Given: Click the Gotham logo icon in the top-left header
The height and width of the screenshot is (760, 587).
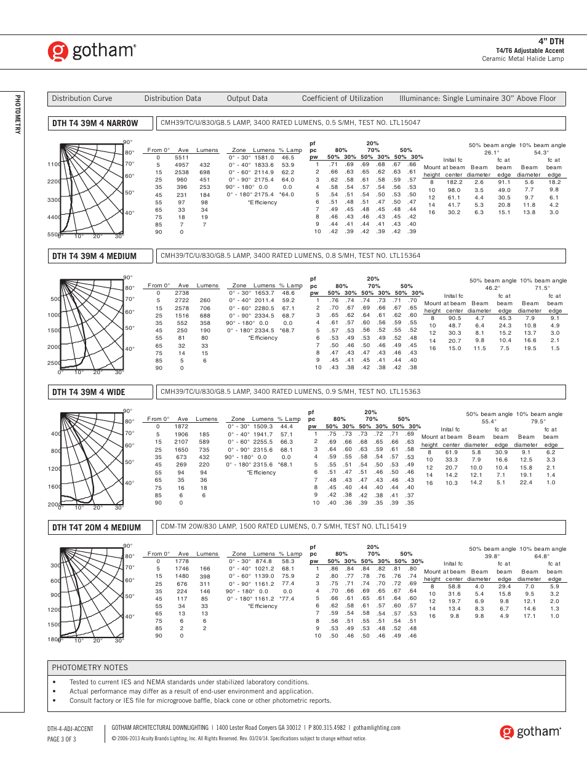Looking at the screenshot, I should click(58, 51).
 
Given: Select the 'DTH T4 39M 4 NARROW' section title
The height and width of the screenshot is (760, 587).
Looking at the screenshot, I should click(95, 123).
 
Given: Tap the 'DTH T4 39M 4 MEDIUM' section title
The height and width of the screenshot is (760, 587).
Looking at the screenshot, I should click(94, 256).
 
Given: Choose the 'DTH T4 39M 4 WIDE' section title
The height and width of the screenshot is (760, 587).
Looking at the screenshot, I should click(89, 392).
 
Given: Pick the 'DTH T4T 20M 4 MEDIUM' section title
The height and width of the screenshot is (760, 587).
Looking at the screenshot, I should click(97, 527).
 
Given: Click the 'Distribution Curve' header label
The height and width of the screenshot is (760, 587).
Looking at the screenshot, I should click(82, 98).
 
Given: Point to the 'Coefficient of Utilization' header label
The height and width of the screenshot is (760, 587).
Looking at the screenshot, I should click(342, 98).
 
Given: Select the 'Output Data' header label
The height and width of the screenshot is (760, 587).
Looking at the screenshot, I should click(247, 98).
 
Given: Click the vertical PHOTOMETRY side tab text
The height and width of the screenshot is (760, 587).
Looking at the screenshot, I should click(18, 114).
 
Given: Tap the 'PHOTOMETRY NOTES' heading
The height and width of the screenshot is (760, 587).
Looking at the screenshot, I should click(90, 668).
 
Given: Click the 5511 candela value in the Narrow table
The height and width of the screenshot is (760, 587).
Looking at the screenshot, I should click(182, 158).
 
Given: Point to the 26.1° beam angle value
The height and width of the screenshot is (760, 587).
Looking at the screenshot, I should click(492, 153).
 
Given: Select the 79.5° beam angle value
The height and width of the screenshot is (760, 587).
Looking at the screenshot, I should click(538, 422).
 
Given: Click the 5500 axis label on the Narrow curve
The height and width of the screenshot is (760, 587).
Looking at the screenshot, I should click(54, 234).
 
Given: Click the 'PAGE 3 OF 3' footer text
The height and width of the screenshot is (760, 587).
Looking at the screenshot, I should click(62, 739).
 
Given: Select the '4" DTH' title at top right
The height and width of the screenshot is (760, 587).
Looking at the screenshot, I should click(551, 41).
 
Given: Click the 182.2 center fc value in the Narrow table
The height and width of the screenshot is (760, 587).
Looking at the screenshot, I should click(454, 182).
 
